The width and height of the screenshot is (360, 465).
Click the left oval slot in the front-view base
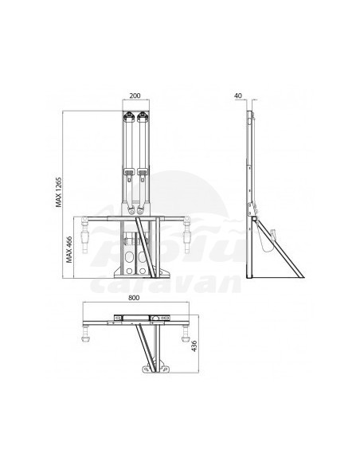pyautogui.click(x=127, y=259)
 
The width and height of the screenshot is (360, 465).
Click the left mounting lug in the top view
pyautogui.click(x=145, y=369)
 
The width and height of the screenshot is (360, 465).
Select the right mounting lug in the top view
pyautogui.click(x=164, y=369)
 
